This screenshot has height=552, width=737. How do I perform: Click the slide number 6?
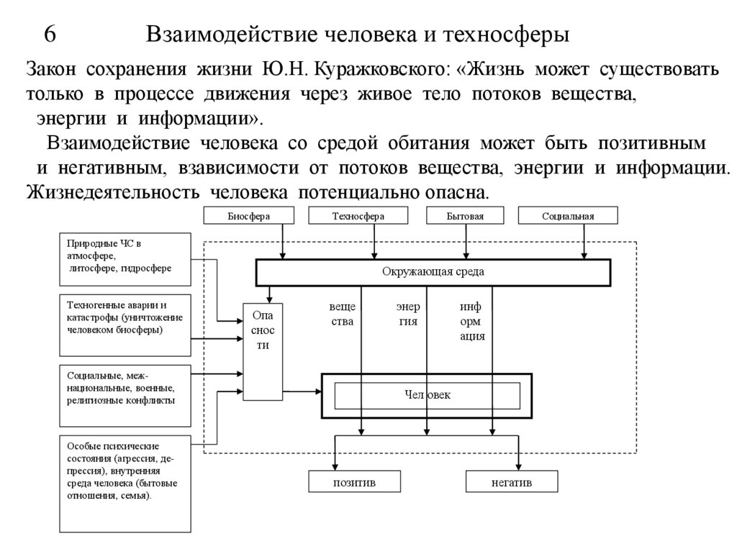point(50,35)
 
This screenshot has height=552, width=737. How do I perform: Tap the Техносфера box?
point(358,216)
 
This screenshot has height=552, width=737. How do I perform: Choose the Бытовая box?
point(464,216)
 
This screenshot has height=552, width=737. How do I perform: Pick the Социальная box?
point(568,216)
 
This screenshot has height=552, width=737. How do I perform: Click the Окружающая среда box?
point(433,272)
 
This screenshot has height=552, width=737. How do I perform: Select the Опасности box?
point(263,350)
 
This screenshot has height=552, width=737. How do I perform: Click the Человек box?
point(427,395)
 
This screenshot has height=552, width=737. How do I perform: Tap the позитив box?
point(353,481)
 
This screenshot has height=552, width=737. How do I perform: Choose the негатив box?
point(512,481)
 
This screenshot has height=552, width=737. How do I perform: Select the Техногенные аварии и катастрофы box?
point(125,325)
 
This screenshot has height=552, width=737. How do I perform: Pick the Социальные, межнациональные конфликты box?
point(125,394)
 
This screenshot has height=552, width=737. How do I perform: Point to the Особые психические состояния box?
point(125,483)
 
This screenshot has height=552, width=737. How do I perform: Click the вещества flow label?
point(342,315)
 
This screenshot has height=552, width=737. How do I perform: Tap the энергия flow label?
point(408,315)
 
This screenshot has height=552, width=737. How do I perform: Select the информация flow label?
point(472,321)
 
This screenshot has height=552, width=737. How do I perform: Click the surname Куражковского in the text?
point(381,71)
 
